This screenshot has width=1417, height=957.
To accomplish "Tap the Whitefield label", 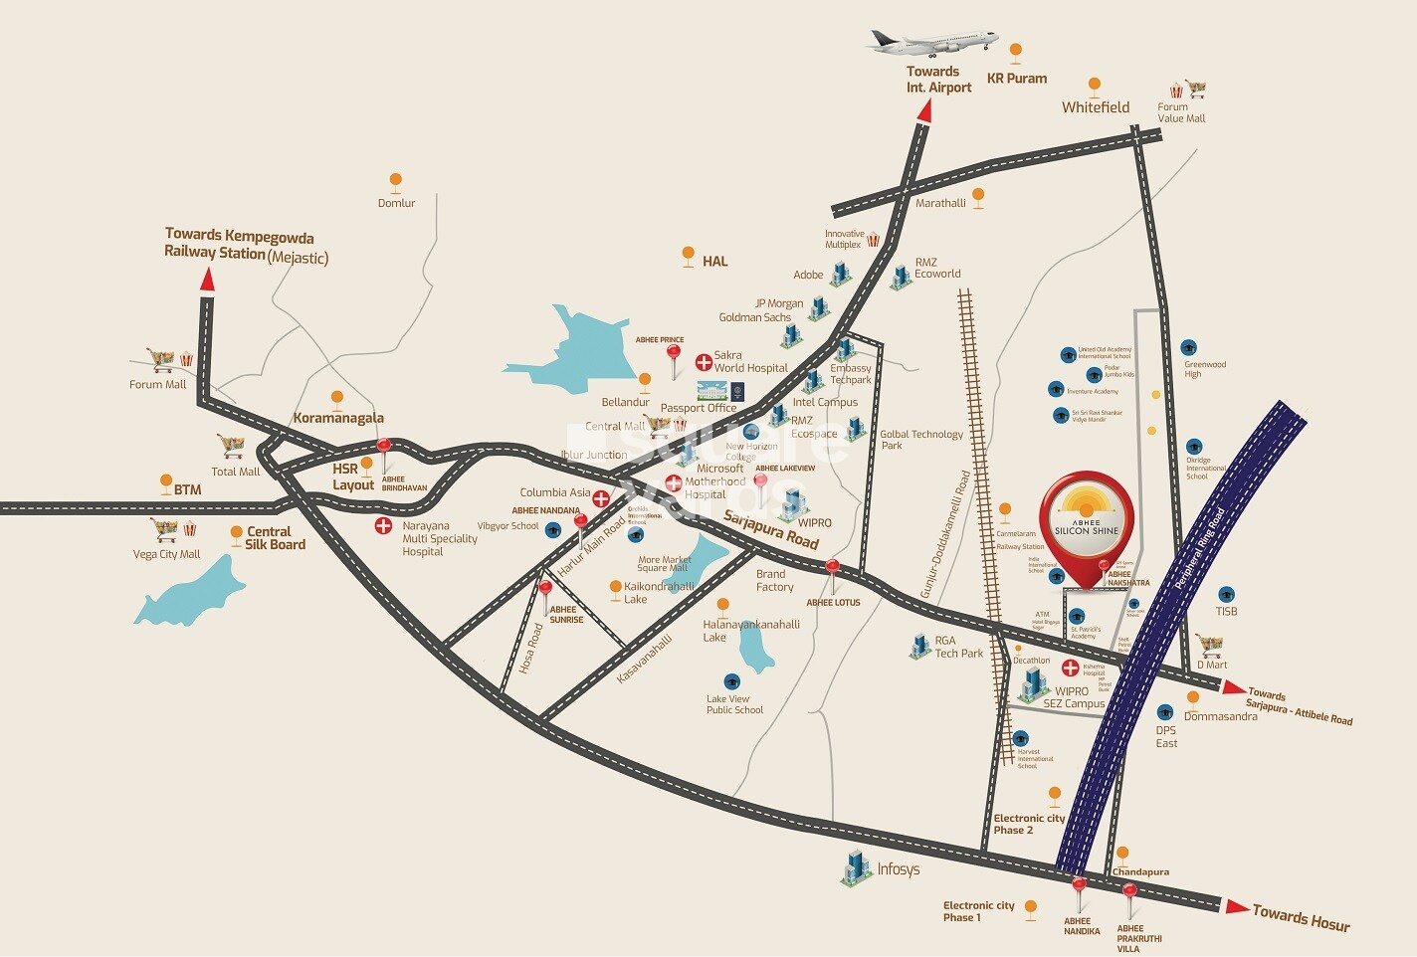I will [x=1095, y=107].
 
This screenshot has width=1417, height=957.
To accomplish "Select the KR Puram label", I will [x=1016, y=79].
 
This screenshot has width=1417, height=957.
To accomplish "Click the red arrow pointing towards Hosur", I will [x=1237, y=906].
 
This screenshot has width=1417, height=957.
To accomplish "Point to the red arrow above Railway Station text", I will [x=207, y=280].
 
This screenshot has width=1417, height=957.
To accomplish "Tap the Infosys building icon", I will [x=855, y=867].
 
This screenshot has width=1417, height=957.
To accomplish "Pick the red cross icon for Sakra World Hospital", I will [x=703, y=361].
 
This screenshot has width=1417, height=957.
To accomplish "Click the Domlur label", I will [x=396, y=203].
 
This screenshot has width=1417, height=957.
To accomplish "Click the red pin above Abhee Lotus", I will [x=832, y=569].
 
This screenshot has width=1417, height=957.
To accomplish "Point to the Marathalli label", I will [x=940, y=203].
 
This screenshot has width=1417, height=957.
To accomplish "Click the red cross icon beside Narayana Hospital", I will [x=382, y=525].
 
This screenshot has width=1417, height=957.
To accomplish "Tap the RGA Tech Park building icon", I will [x=919, y=646].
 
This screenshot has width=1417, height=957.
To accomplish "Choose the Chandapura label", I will [x=1140, y=872].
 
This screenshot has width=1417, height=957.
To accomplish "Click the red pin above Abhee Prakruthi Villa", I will [x=1129, y=892].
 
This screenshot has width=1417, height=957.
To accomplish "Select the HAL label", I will [x=714, y=262].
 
